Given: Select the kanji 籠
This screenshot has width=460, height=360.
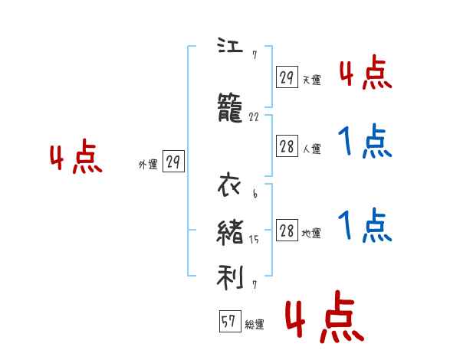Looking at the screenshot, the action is click(230, 111).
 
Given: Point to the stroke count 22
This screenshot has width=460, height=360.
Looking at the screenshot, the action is click(255, 117).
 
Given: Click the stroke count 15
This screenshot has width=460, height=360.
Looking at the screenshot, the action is click(255, 240).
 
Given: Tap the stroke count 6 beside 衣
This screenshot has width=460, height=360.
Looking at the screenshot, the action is click(255, 194).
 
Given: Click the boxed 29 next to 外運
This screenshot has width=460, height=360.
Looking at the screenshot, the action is click(173, 162).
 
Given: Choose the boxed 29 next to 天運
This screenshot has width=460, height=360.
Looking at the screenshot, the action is click(287, 78).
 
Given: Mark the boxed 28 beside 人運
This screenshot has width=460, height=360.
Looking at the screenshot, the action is click(287, 147).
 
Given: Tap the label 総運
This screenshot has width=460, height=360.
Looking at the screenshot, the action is click(255, 325).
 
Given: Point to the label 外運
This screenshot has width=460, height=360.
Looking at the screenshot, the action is click(148, 164).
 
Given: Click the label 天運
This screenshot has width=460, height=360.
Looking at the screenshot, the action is click(312, 80).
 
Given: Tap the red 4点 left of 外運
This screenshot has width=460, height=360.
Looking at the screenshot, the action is click(76, 159).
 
